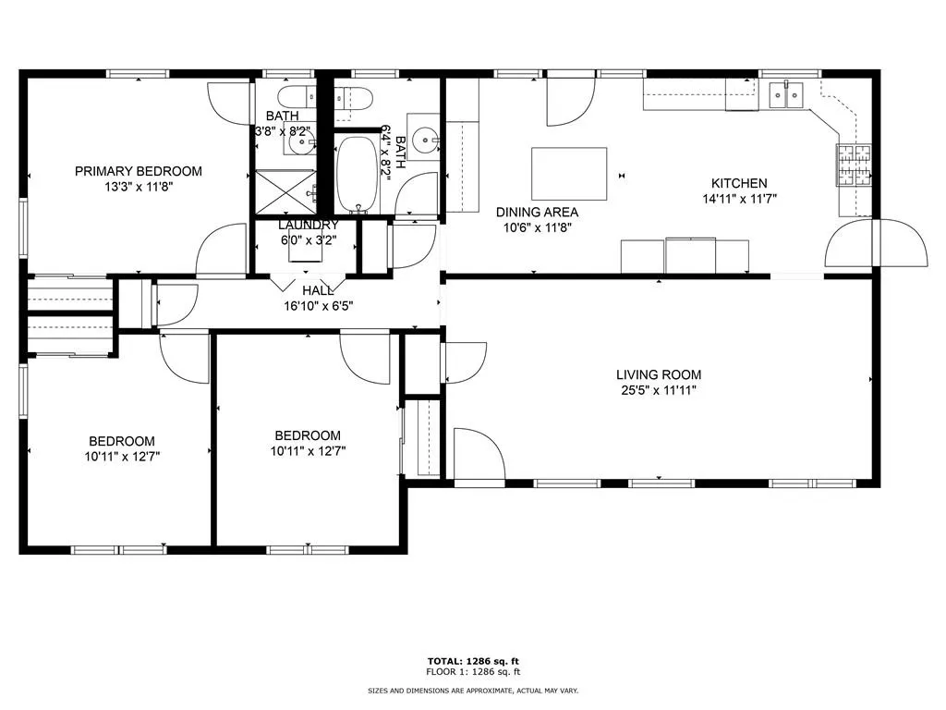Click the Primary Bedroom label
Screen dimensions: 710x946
(x=138, y=171)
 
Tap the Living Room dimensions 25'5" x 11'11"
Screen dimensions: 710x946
(x=659, y=390)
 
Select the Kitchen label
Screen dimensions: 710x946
(x=738, y=183)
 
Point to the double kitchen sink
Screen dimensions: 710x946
(x=787, y=92)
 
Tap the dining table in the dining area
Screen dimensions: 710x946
(x=569, y=173)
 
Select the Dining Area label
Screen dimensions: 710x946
(x=537, y=212)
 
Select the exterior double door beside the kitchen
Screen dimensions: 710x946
(x=876, y=242)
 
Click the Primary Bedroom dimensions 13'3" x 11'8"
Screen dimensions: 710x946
(x=138, y=186)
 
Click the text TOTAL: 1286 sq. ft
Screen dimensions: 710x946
(x=473, y=660)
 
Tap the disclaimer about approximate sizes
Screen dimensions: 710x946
(x=473, y=691)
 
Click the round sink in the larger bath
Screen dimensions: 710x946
(x=426, y=141)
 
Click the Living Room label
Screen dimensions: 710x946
(x=659, y=374)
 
